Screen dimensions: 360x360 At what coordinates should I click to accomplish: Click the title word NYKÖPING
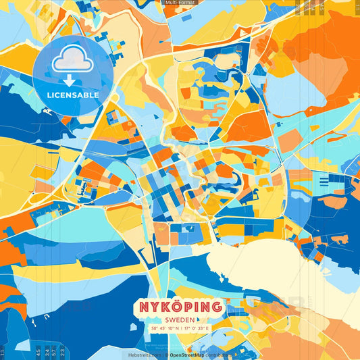pos(180,307)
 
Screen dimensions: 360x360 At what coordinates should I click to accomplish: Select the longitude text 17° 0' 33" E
pos(195,329)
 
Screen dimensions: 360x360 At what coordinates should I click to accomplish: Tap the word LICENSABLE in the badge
pos(73,95)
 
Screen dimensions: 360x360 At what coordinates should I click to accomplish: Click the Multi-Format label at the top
pos(180,3)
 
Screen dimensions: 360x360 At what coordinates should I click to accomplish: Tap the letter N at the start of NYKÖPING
pos(145,307)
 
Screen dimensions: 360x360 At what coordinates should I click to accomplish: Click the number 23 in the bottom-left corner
pos(62,351)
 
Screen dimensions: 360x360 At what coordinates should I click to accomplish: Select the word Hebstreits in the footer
pos(138,354)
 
